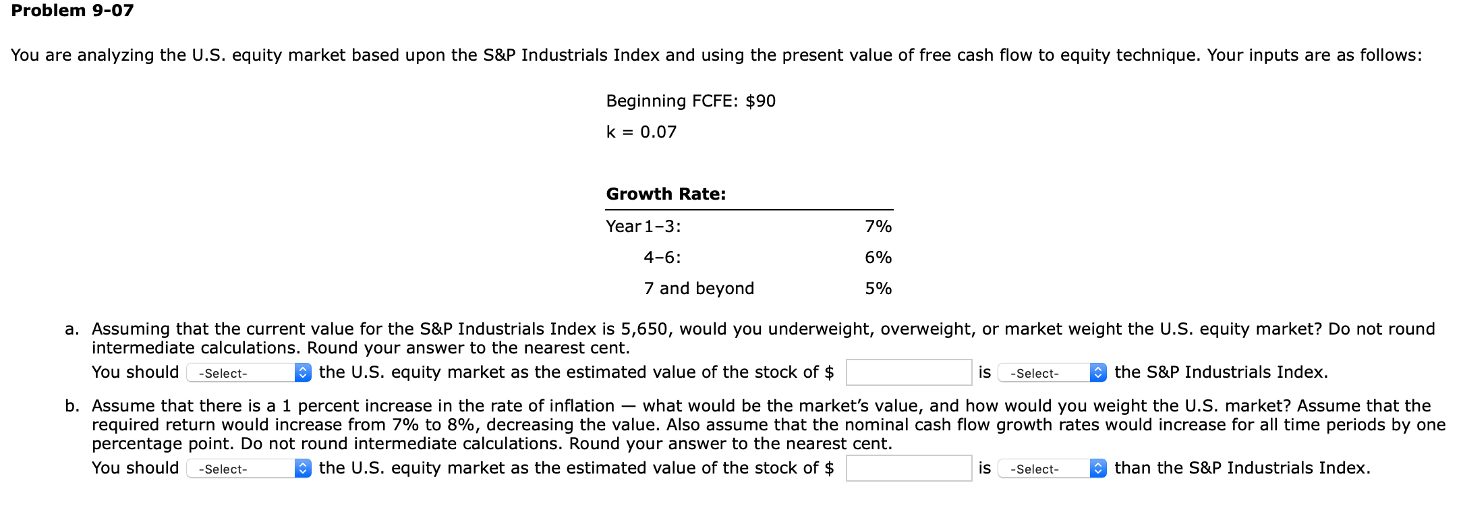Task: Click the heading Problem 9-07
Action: [x=72, y=11]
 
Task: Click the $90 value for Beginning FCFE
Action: [x=760, y=101]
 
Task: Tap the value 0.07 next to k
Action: [x=658, y=132]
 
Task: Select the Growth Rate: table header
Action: [x=666, y=194]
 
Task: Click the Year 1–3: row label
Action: [x=643, y=227]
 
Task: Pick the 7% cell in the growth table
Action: [x=878, y=227]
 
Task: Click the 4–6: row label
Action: [x=662, y=258]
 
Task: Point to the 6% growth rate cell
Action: [x=878, y=258]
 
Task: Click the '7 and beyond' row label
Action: [x=698, y=289]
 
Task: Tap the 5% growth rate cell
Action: [x=878, y=289]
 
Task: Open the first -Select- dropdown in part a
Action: [x=248, y=373]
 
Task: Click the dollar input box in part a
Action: [x=908, y=372]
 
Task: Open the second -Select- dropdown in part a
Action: [x=1051, y=373]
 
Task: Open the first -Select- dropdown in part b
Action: [x=248, y=469]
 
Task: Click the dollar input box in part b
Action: [x=908, y=468]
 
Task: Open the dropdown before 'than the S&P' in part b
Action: [x=1051, y=469]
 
